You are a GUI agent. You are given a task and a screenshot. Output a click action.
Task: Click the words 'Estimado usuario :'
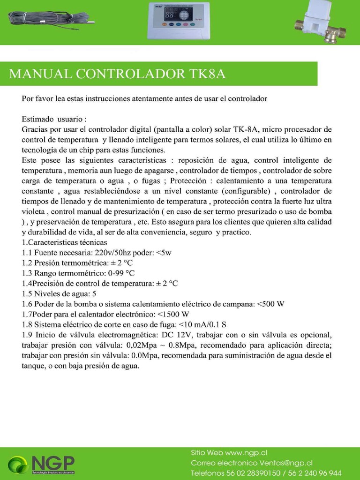tap(54, 119)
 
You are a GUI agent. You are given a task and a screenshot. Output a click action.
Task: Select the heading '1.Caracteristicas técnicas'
tap(64, 242)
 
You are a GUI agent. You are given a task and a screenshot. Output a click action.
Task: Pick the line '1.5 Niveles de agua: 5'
tap(59, 294)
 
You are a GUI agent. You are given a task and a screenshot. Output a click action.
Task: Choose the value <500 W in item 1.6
tap(270, 304)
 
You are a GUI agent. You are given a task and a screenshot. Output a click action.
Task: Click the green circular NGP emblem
tap(18, 465)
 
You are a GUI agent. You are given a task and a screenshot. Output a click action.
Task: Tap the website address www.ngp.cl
tap(246, 453)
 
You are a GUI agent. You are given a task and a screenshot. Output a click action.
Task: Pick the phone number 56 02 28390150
tap(254, 473)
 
